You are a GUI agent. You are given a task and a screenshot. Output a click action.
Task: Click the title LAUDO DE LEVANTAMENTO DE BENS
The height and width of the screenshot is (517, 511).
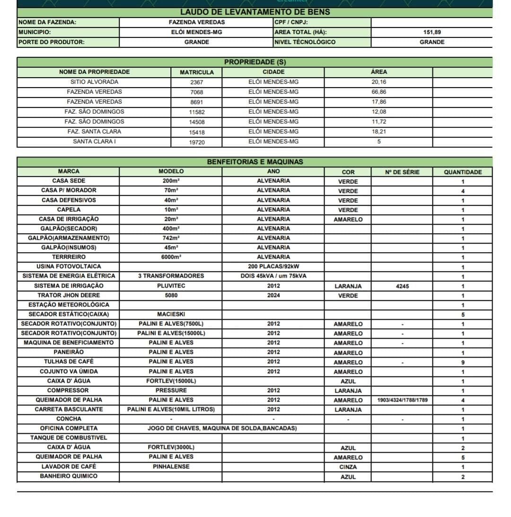[x=255, y=12]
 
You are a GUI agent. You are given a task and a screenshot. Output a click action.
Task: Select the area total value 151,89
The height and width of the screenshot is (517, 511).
[x=432, y=32]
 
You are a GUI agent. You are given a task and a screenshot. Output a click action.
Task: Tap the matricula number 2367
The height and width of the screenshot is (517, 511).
[x=196, y=82]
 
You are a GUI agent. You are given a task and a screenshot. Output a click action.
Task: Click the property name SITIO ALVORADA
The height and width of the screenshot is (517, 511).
[x=94, y=82]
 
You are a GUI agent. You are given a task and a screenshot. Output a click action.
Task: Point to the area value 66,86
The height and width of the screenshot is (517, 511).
[x=379, y=92]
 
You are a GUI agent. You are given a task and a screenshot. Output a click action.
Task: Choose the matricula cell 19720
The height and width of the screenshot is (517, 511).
[x=196, y=142]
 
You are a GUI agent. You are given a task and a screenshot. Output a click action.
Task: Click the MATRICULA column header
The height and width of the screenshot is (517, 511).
[x=196, y=72]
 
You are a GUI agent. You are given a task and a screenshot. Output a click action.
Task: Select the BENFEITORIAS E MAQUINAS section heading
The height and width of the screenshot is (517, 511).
[x=255, y=162]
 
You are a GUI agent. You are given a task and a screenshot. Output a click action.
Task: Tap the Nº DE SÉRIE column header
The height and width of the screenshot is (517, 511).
[x=402, y=172]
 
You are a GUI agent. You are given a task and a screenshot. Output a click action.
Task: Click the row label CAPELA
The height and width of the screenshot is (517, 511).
[x=69, y=210]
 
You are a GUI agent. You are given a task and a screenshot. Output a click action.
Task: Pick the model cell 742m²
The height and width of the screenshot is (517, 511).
[x=170, y=238]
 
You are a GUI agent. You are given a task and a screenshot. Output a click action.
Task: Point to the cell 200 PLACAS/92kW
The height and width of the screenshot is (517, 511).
[x=273, y=266]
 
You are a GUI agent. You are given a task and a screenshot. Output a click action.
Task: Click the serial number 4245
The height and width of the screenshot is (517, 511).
[x=402, y=286]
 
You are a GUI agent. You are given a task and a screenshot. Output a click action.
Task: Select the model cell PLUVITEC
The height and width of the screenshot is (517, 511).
[x=171, y=286]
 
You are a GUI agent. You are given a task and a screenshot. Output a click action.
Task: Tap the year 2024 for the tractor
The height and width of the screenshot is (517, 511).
[x=273, y=295]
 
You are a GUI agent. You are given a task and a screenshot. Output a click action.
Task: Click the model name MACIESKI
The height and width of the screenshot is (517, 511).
[x=171, y=314]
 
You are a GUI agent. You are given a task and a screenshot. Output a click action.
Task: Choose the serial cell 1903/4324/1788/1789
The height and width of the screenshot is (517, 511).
[x=402, y=400]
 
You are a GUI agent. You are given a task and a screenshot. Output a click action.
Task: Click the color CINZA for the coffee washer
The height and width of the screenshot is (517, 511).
[x=348, y=467]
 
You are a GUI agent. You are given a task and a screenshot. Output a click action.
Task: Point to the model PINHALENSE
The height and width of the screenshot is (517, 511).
[x=171, y=466]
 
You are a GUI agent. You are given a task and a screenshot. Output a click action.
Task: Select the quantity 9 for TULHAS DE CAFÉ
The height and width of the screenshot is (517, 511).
[x=462, y=362]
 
